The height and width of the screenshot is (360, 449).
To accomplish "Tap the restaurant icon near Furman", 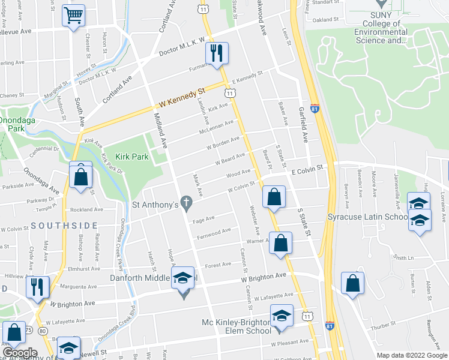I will [x=217, y=53].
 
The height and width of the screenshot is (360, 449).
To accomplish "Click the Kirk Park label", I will [x=131, y=156].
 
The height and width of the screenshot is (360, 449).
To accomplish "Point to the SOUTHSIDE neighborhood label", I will [x=64, y=225].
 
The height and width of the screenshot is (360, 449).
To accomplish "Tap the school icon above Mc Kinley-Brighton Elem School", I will [x=281, y=315].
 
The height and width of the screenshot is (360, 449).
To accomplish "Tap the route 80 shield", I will [x=42, y=331].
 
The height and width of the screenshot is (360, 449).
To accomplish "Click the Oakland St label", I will [x=326, y=20].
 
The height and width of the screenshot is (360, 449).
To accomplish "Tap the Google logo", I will [x=20, y=353].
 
